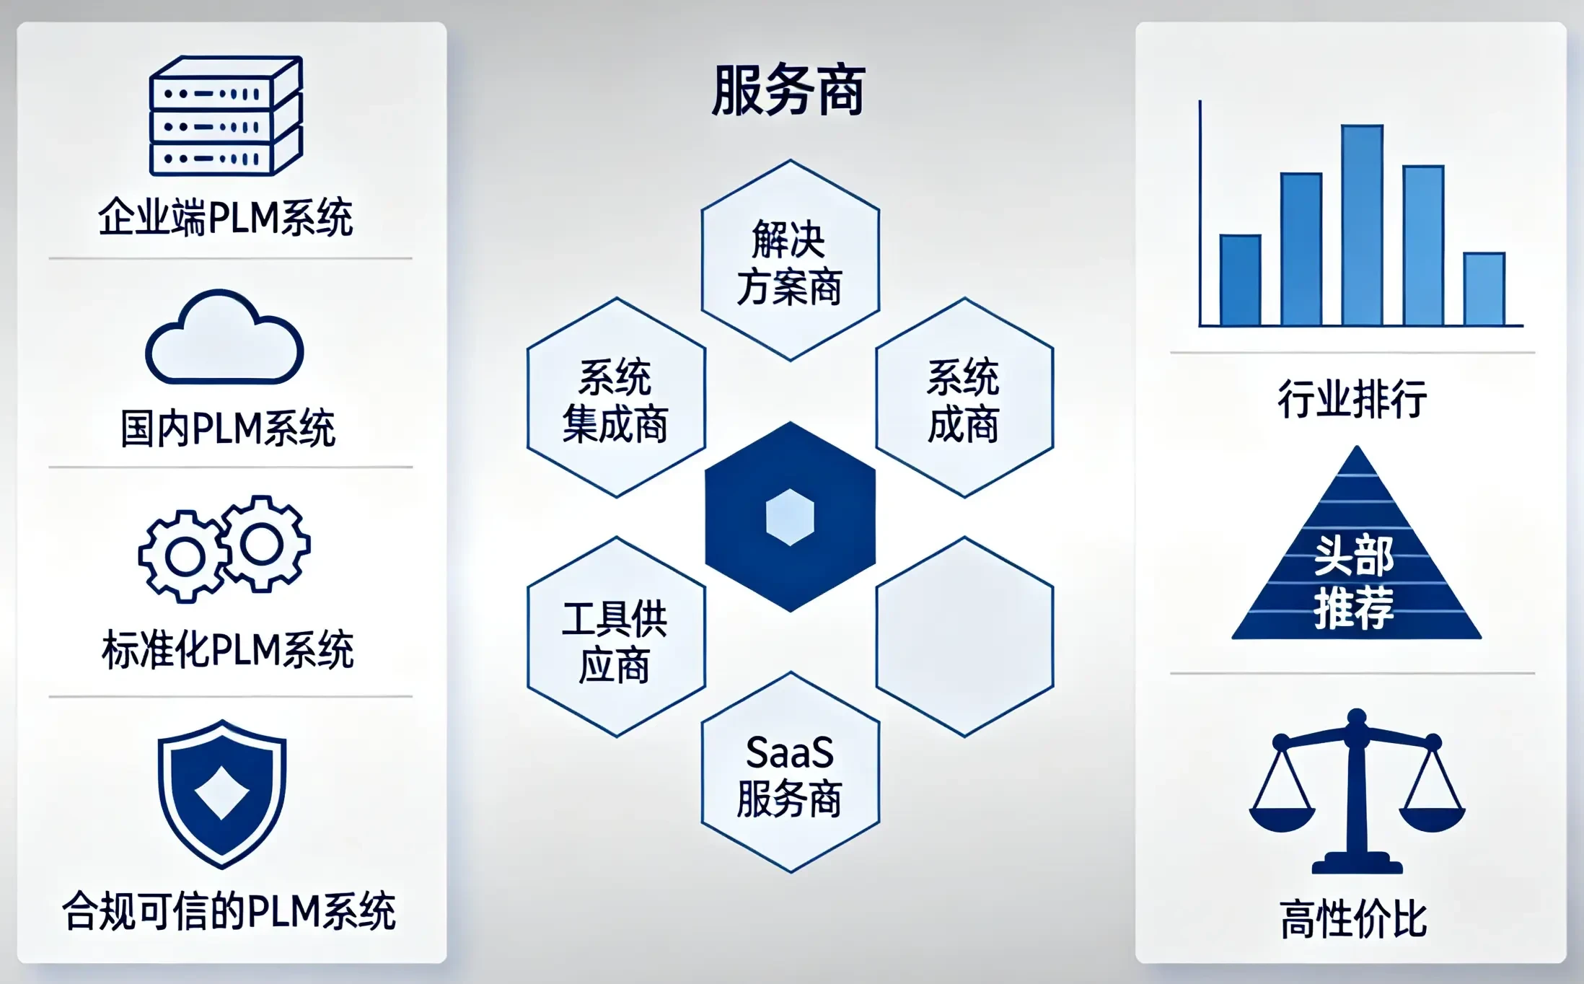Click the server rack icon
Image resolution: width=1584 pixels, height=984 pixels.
[x=226, y=115]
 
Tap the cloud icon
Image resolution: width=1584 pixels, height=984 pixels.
[x=224, y=337]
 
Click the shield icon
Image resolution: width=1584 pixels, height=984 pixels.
[x=222, y=794]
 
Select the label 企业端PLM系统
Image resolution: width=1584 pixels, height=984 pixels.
[x=226, y=217]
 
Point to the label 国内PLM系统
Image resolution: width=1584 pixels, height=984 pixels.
[x=228, y=428]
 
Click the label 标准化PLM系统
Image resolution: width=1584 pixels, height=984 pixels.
[x=228, y=649]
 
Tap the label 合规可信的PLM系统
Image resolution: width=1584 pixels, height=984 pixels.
[x=229, y=910]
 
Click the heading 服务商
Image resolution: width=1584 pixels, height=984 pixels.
[x=788, y=91]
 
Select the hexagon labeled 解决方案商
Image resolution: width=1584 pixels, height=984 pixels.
[x=790, y=260]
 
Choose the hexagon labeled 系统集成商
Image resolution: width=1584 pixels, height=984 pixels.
[x=616, y=397]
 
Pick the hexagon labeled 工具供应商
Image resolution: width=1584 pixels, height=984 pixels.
[x=616, y=637]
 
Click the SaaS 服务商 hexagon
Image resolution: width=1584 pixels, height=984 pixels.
[x=790, y=773]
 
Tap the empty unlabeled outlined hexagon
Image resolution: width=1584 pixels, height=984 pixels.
[x=964, y=637]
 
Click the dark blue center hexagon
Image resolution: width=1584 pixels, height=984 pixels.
[x=790, y=517]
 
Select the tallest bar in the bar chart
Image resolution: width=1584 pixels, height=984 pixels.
[x=1362, y=225]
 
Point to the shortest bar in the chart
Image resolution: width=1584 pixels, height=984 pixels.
[x=1484, y=289]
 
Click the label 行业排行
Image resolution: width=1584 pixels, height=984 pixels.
[x=1352, y=398]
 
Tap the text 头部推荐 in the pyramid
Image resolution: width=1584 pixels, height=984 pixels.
[x=1354, y=581]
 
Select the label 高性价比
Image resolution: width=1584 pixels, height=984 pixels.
[x=1353, y=918]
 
